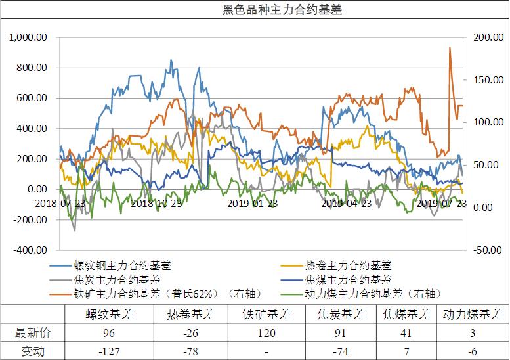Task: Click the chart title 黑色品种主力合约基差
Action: point(255,11)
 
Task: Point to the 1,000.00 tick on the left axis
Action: point(28,37)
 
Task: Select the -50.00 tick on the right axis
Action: point(486,250)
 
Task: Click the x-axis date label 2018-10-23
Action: point(156,203)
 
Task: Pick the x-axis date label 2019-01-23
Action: point(253,203)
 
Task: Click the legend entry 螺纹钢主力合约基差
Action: point(122,265)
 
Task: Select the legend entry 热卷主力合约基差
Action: point(349,265)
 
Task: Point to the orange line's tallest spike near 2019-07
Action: point(450,48)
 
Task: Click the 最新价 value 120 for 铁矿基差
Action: point(266,333)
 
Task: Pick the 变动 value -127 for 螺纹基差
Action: point(109,351)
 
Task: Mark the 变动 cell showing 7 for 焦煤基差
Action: point(406,351)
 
